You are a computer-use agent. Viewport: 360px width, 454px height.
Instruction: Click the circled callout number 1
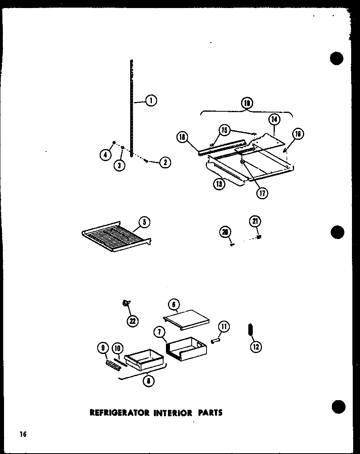pos(151,101)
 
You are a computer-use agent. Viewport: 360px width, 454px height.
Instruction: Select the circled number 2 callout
pos(165,162)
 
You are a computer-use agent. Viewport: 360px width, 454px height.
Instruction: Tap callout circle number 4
pos(106,154)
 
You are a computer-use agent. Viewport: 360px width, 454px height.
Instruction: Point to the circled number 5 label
pos(144,222)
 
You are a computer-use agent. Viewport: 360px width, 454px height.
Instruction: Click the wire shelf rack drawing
pos(117,237)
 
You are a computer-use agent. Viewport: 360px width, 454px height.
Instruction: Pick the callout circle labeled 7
pos(159,332)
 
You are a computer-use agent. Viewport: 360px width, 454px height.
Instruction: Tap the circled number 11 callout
pos(224,327)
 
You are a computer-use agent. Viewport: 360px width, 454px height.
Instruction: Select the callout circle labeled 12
pos(255,346)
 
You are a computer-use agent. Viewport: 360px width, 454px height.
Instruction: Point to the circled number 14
pos(275,119)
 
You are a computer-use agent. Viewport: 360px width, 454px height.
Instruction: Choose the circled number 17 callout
pos(263,193)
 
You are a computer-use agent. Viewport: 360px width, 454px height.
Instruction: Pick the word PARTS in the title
pos(210,413)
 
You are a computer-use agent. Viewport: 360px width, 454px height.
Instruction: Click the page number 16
pos(22,434)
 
